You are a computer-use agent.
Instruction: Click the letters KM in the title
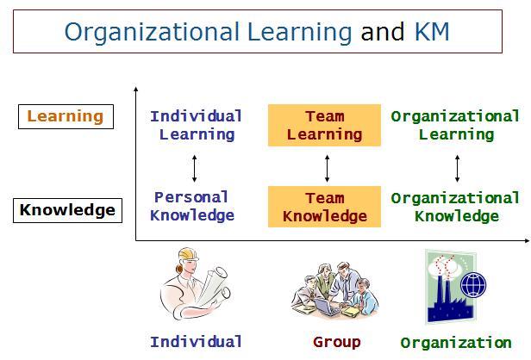click(x=432, y=32)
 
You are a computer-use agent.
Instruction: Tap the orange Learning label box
click(x=66, y=117)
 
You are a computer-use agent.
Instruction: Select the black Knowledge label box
click(x=67, y=210)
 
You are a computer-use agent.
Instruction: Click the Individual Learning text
click(x=197, y=126)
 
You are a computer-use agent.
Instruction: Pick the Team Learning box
click(x=324, y=125)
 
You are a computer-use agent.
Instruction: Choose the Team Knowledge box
click(x=324, y=207)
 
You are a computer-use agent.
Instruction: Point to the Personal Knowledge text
click(x=192, y=207)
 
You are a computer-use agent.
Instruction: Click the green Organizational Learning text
click(x=455, y=126)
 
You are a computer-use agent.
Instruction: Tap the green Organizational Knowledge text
click(x=455, y=207)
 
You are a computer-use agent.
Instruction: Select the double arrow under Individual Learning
click(x=195, y=169)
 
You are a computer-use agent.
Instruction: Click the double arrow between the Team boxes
click(x=327, y=169)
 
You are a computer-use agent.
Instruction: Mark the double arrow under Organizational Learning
click(x=457, y=169)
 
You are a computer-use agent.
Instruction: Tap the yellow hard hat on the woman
click(x=188, y=254)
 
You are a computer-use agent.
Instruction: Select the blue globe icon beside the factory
click(x=473, y=284)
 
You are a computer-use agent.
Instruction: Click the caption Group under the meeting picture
click(x=337, y=342)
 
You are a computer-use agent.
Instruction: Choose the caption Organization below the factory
click(x=456, y=343)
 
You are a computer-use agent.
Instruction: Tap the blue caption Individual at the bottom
click(x=197, y=342)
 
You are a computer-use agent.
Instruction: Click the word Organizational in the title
click(x=152, y=33)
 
